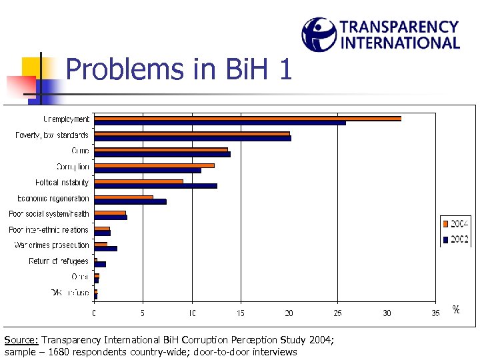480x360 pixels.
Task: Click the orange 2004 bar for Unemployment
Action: coord(247,118)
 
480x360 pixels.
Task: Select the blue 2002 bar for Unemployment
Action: coord(219,123)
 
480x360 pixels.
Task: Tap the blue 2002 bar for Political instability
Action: coord(155,185)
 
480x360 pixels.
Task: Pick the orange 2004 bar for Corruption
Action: coord(154,165)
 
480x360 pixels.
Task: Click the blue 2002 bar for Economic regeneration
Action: coord(130,201)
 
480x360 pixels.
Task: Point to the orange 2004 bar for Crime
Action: coord(161,149)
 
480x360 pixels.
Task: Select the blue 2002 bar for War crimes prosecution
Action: coord(105,249)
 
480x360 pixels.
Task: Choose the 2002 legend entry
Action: coord(456,239)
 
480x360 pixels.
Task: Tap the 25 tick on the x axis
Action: coord(338,313)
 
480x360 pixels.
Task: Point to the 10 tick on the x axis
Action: coord(192,313)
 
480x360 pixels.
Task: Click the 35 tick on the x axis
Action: coord(435,313)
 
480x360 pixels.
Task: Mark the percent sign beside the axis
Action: coord(456,309)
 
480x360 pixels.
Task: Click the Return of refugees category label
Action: coord(59,261)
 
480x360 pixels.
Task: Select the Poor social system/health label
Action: coord(49,214)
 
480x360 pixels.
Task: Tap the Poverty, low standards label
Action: coord(52,135)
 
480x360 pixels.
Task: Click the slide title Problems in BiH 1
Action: coord(179,69)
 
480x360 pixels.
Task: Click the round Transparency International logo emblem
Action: coord(319,34)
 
